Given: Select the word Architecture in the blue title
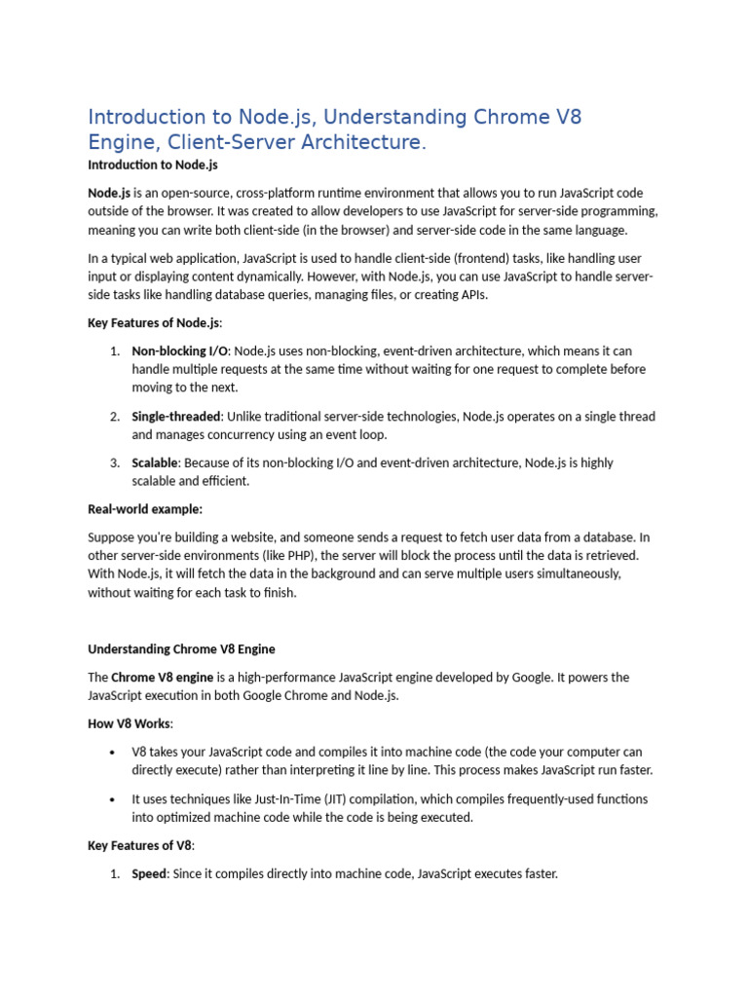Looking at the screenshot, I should click(362, 143).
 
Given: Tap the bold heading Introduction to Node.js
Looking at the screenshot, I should click(153, 166).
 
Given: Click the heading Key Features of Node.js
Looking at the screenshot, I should click(155, 323).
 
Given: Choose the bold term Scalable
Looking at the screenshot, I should click(156, 462).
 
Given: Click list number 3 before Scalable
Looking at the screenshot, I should click(114, 462).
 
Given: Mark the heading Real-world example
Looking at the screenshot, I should click(145, 508).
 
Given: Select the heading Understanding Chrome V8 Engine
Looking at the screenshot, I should click(188, 648).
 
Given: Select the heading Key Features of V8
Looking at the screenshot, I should click(141, 845).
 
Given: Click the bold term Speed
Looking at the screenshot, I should click(150, 873).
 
